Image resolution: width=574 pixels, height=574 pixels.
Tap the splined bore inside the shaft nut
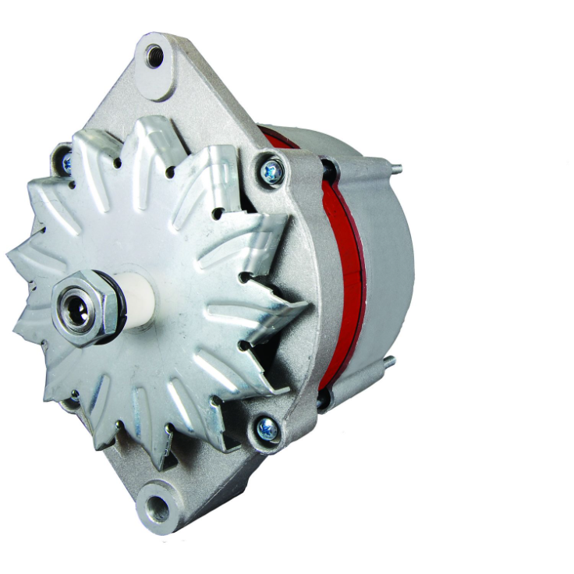tap(77, 299)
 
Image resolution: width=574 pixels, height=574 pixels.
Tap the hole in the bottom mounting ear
tap(158, 509)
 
